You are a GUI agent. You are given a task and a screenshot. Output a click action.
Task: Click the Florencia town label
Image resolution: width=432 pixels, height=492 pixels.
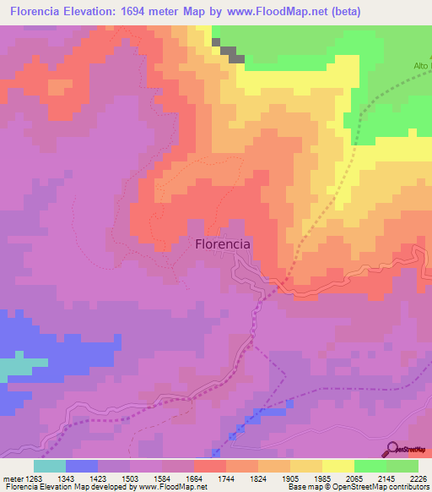tap(223, 243)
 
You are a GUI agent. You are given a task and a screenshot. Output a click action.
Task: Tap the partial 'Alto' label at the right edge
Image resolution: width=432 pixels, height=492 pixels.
tap(422, 65)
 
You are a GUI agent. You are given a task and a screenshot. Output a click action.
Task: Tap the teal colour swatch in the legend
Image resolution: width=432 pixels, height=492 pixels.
tap(50, 466)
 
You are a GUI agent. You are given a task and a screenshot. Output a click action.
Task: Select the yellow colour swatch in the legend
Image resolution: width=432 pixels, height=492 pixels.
tap(338, 466)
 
